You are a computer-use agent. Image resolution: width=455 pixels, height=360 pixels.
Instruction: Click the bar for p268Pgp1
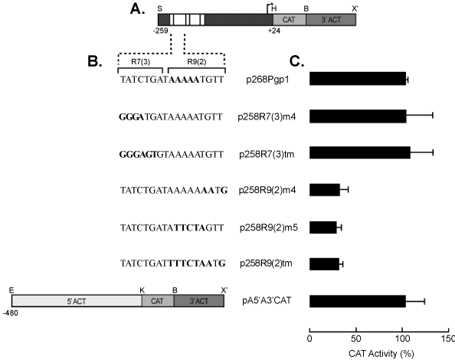(358, 79)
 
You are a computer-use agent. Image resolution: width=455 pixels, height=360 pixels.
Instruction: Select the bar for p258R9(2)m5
(323, 227)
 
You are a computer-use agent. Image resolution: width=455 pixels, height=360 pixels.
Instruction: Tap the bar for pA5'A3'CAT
(358, 301)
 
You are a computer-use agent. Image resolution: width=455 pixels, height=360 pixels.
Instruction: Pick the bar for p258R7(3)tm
(360, 152)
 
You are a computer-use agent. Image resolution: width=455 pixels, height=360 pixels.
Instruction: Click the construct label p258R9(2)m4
(267, 191)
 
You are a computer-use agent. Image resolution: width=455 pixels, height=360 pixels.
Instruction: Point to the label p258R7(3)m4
(267, 117)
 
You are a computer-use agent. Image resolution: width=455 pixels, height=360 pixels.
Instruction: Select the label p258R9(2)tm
(266, 263)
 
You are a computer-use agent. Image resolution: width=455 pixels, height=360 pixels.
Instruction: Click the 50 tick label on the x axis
(356, 339)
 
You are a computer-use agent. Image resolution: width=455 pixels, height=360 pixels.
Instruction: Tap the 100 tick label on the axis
(402, 339)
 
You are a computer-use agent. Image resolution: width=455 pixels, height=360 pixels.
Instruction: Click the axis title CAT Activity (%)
(381, 354)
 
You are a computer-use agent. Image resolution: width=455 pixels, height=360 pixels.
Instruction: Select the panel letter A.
(137, 9)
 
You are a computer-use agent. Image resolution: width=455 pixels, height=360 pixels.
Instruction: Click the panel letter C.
(297, 61)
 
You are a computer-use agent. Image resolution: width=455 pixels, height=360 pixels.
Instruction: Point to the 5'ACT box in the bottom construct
(77, 301)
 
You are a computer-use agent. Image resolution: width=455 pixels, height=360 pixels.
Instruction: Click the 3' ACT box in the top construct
(331, 20)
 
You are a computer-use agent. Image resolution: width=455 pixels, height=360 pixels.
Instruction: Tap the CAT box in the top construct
(290, 20)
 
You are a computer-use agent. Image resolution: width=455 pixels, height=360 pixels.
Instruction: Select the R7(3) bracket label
(141, 62)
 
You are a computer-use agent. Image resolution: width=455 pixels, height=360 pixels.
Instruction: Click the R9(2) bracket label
(196, 62)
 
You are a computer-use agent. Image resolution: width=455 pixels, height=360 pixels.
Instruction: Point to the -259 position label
(161, 31)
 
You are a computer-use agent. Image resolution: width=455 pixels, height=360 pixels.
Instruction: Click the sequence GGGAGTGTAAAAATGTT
(172, 154)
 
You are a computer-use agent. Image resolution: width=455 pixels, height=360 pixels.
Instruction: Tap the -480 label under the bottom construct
(11, 313)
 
